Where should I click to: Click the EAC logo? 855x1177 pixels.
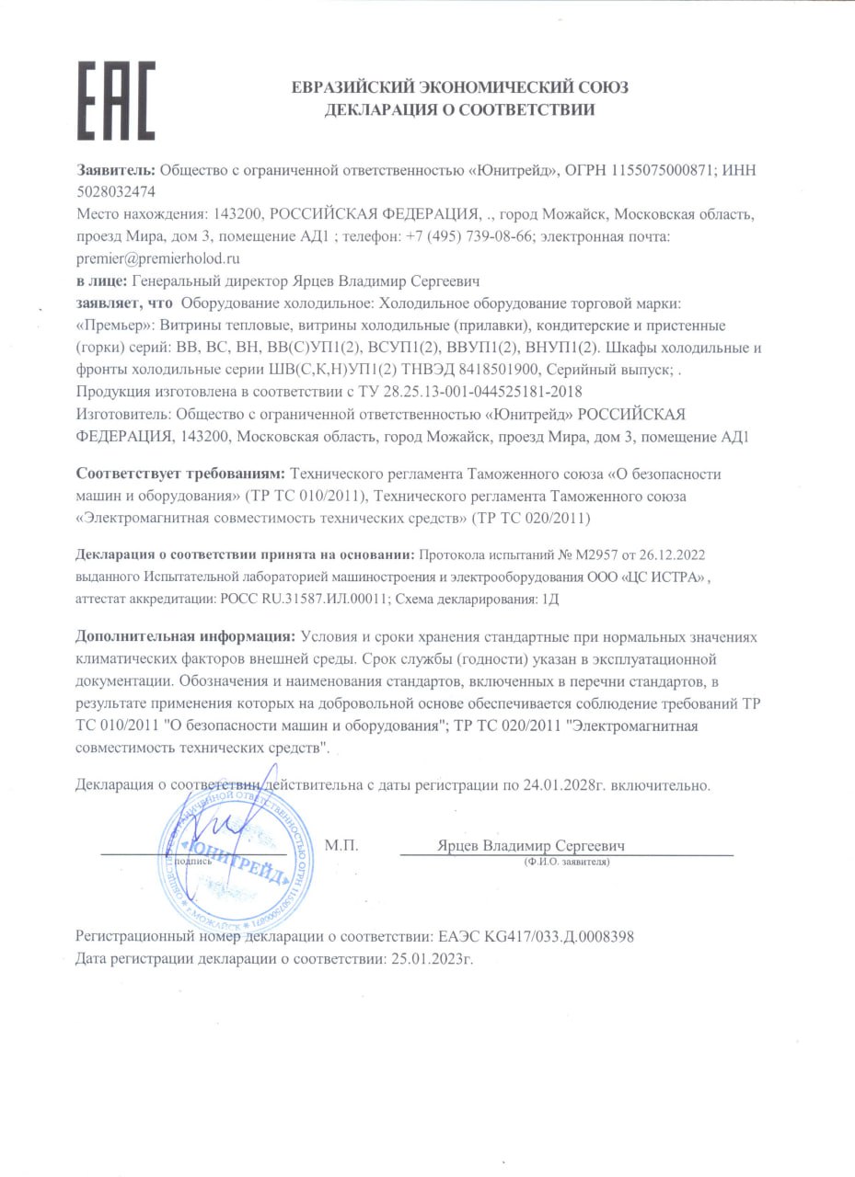point(115,100)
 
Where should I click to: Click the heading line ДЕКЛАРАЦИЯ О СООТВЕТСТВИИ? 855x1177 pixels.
point(460,110)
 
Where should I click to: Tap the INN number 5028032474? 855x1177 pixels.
point(116,192)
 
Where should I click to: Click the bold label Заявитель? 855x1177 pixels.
point(116,170)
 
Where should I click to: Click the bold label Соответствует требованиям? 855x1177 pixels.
point(180,474)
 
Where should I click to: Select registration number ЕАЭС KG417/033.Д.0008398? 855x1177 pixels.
point(535,937)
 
